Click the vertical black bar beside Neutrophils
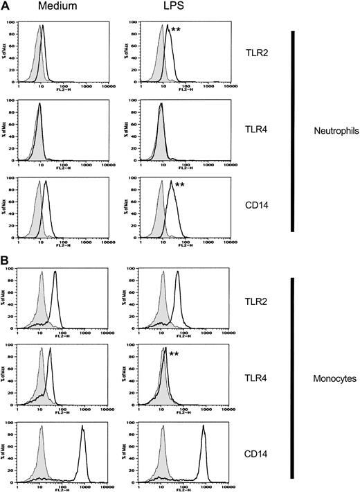click(x=293, y=131)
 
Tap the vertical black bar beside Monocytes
click(x=293, y=378)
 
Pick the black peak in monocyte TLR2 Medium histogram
click(x=55, y=277)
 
